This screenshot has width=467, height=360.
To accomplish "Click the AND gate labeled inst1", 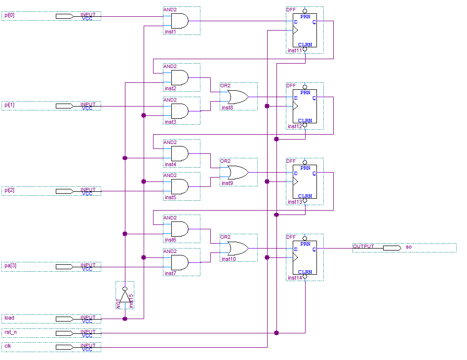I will (180, 21).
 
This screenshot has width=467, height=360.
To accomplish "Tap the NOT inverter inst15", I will (125, 296).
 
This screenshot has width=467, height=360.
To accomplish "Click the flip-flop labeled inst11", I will (305, 30).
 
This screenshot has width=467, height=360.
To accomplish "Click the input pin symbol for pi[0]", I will (64, 16).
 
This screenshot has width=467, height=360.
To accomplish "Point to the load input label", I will (9, 318).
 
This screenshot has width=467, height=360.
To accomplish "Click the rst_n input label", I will (10, 332).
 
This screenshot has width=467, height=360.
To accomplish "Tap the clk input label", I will (7, 346).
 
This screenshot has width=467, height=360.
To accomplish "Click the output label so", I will (408, 247).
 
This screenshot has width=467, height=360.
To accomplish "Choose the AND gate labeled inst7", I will (180, 262).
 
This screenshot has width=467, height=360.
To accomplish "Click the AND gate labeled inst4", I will (180, 153).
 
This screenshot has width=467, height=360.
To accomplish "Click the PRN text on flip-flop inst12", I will (306, 92).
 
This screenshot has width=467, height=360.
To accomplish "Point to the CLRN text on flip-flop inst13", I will (305, 196).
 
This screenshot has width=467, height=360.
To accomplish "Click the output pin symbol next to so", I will (391, 248).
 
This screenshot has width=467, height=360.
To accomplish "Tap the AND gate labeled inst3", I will (180, 111).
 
